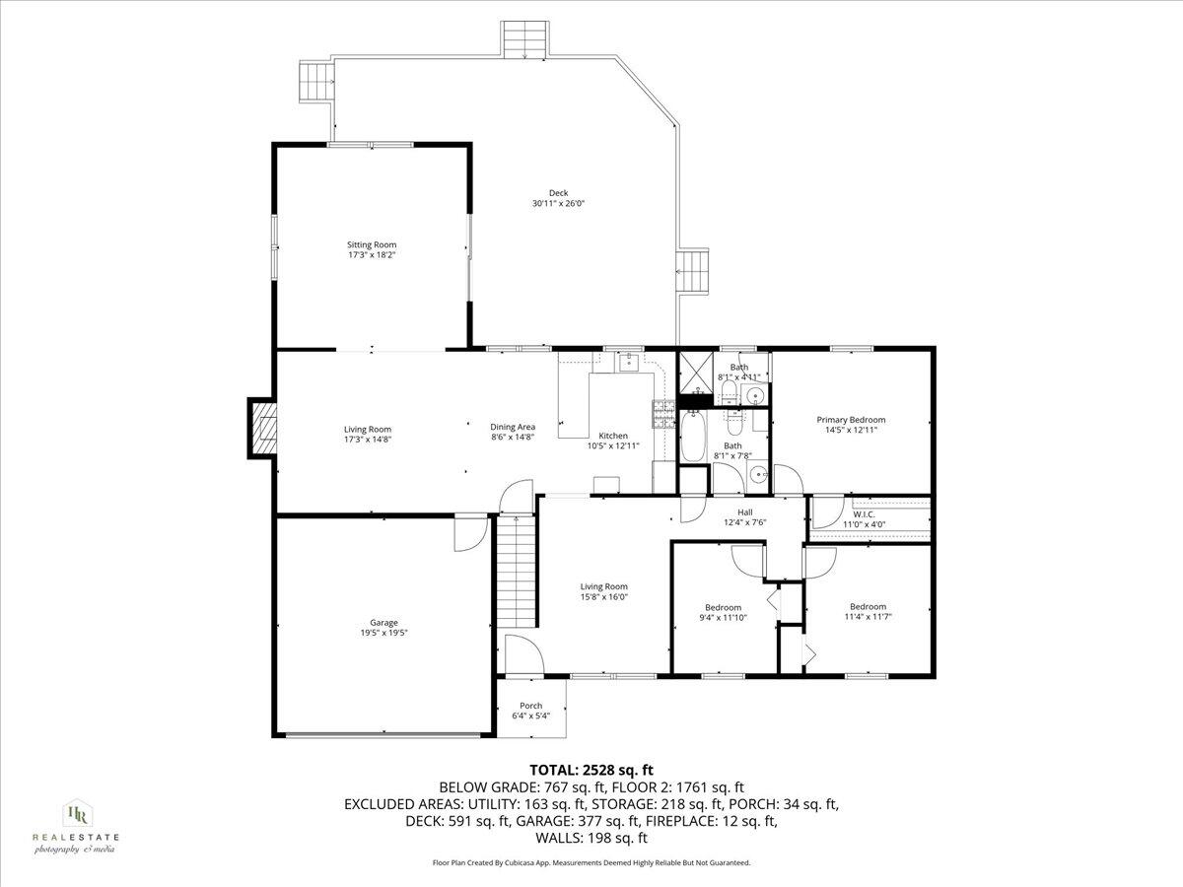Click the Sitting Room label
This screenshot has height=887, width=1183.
pyautogui.click(x=371, y=244)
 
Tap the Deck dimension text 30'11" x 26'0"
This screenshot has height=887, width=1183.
pyautogui.click(x=559, y=204)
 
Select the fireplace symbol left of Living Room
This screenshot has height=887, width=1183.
pyautogui.click(x=262, y=429)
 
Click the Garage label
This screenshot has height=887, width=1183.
pyautogui.click(x=383, y=622)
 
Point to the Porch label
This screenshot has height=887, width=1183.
pyautogui.click(x=531, y=706)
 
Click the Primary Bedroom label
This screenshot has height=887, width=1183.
pyautogui.click(x=851, y=419)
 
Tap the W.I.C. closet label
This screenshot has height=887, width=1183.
pyautogui.click(x=865, y=513)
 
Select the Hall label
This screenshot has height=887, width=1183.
pyautogui.click(x=745, y=512)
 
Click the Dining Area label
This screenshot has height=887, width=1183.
pyautogui.click(x=513, y=426)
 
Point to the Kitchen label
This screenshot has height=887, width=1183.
pyautogui.click(x=613, y=436)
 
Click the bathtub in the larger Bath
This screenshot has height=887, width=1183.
pyautogui.click(x=694, y=437)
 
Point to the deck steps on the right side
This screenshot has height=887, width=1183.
pyautogui.click(x=692, y=270)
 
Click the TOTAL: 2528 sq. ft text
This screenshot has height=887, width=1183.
pyautogui.click(x=591, y=770)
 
